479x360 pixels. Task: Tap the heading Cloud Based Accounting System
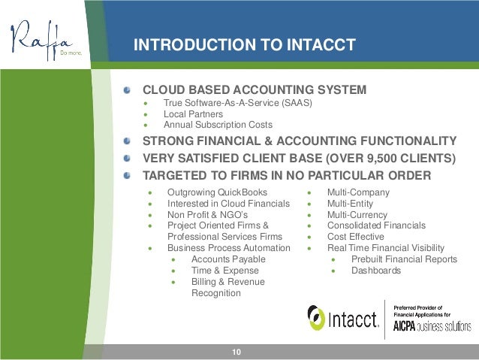point(255,90)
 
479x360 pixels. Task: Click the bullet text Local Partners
point(193,113)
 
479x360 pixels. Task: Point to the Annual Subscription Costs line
point(218,125)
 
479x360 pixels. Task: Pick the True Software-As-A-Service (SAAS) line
point(236,102)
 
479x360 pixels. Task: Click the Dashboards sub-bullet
point(375,270)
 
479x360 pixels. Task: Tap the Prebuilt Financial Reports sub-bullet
point(403,259)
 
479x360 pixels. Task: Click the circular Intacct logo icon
point(317,317)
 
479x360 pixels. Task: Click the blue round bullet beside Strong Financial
point(129,140)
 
